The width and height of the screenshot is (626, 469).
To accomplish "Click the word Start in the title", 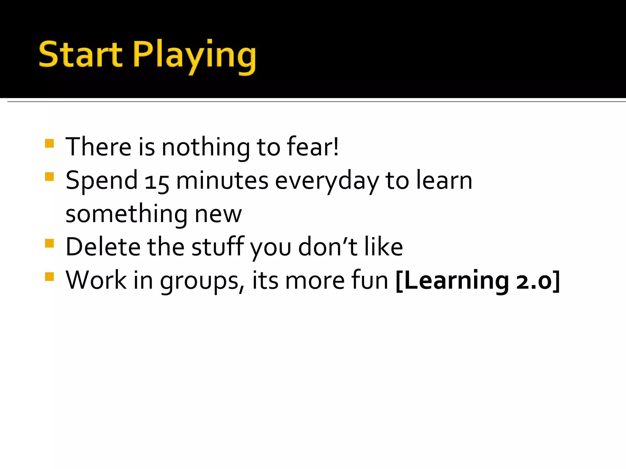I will [80, 55].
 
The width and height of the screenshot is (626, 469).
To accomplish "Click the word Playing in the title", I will [194, 56].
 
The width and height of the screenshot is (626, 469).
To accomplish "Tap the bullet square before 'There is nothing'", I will [49, 144].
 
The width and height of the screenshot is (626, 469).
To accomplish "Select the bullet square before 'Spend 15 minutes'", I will [49, 177].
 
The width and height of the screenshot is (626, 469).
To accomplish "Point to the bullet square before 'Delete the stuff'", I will [49, 243].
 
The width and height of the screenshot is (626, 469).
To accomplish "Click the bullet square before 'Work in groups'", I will [49, 277].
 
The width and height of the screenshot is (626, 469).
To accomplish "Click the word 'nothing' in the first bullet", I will [205, 147].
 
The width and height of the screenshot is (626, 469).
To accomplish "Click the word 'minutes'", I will [222, 181].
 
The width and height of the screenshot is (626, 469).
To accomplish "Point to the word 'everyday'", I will [327, 182].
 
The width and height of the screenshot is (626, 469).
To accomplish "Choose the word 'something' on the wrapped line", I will [126, 215].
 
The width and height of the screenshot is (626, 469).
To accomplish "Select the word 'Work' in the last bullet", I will [96, 280].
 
